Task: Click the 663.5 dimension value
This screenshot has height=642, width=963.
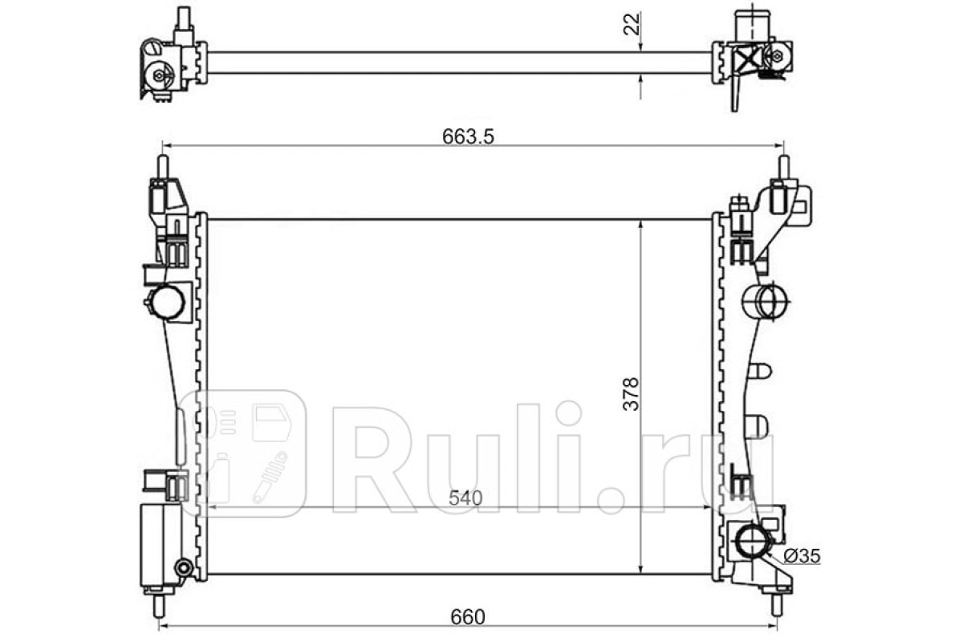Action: pyautogui.click(x=468, y=136)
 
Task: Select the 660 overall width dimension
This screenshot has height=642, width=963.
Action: pyautogui.click(x=468, y=617)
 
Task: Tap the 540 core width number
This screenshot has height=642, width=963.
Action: pyautogui.click(x=465, y=498)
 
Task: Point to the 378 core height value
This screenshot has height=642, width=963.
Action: pyautogui.click(x=631, y=394)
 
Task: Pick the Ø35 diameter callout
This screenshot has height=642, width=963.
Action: pyautogui.click(x=802, y=556)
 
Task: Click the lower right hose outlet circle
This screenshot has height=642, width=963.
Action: pyautogui.click(x=752, y=542)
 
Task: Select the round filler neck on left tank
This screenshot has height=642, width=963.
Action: pyautogui.click(x=167, y=302)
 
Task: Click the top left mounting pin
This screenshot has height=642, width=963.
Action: pyautogui.click(x=164, y=166)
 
